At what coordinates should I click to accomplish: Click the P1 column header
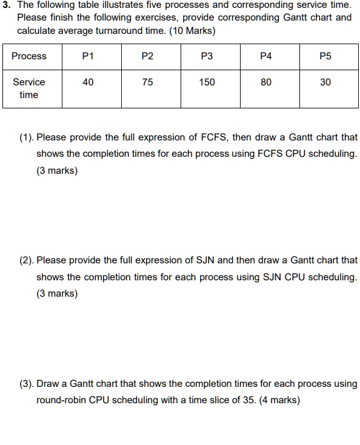click(88, 56)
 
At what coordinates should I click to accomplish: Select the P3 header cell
click(207, 56)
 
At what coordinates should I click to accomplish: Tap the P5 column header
click(325, 56)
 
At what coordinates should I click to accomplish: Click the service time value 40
click(88, 82)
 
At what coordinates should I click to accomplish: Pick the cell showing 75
click(147, 82)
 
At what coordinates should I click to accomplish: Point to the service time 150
click(207, 82)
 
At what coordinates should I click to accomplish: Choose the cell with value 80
click(266, 82)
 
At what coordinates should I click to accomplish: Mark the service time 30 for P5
click(325, 82)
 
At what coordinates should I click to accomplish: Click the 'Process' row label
click(29, 56)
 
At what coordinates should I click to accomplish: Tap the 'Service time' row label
click(29, 88)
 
